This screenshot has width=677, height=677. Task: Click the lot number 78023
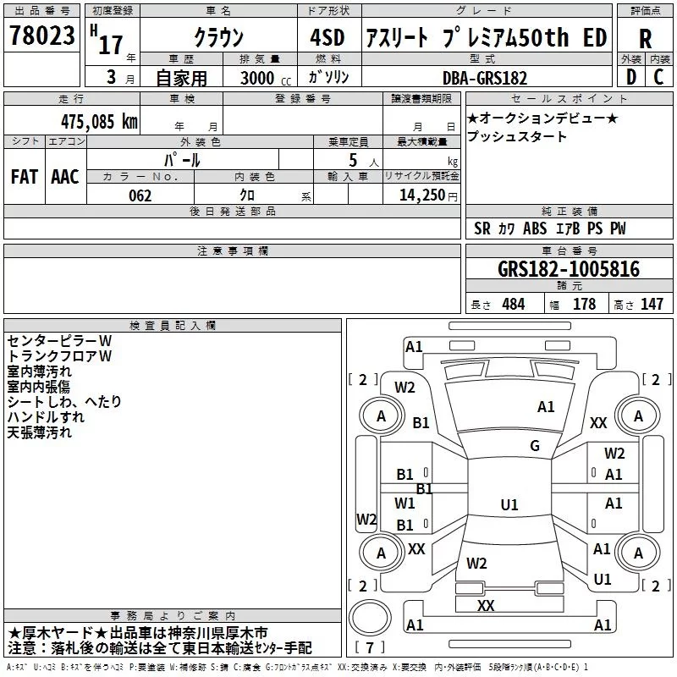point(42,36)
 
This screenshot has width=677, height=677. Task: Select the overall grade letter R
point(645,39)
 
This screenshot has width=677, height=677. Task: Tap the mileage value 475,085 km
point(99,122)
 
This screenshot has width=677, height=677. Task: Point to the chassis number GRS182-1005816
point(568,269)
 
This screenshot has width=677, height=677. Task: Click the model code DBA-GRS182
point(485,78)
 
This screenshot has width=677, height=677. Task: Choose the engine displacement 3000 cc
point(266,78)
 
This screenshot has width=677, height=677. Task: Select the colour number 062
point(140,195)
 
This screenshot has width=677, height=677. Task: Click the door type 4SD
point(327,37)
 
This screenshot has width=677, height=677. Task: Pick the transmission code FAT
point(25,177)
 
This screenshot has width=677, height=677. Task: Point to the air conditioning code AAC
point(65,177)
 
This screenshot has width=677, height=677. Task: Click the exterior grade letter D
point(631,77)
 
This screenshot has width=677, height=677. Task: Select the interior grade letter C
point(658,77)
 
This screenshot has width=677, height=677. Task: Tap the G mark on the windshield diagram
point(535,445)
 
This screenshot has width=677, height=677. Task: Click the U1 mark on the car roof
point(509,504)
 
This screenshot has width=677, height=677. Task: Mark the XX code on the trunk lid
point(486,605)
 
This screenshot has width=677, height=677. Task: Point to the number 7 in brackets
point(370,647)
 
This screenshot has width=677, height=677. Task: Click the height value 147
point(652,304)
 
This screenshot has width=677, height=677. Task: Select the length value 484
point(514,304)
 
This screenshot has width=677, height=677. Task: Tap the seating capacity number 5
point(353,160)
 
